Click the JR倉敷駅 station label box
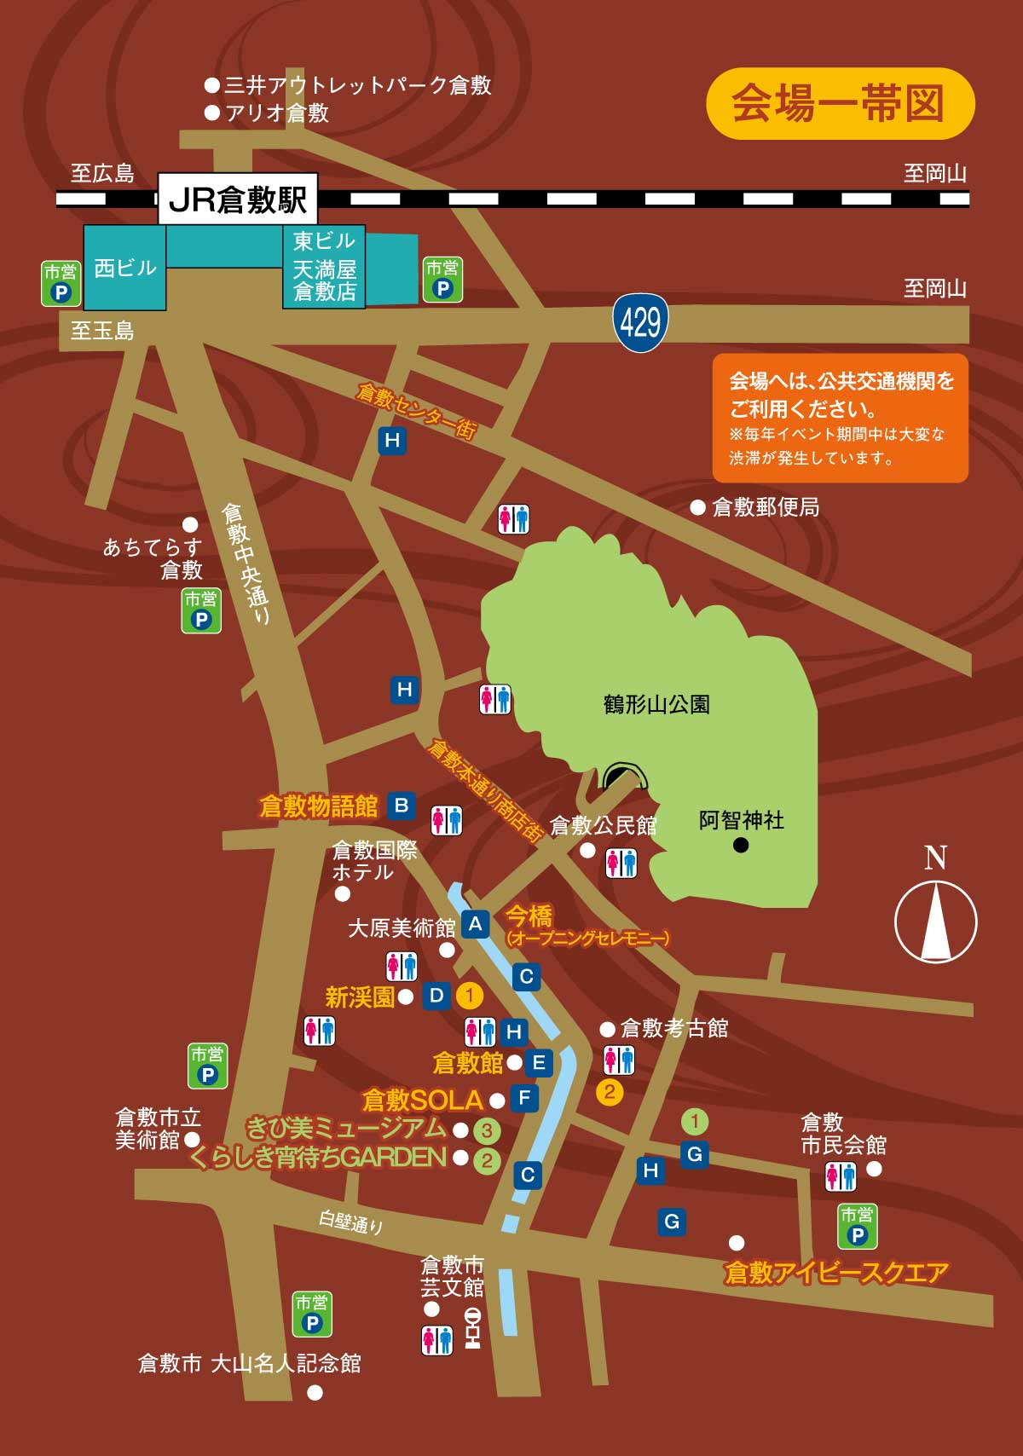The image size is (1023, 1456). click(238, 199)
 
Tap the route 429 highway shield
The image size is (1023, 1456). click(640, 322)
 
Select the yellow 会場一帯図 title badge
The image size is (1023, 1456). click(840, 103)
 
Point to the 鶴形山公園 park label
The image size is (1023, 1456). click(656, 704)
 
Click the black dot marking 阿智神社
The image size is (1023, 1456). click(741, 845)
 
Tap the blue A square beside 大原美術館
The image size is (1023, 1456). click(475, 924)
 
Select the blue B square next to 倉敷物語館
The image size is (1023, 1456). click(401, 806)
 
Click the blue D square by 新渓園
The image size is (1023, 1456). click(436, 995)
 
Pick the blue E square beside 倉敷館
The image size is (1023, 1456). click(539, 1063)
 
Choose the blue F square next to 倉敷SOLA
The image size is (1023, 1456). click(524, 1098)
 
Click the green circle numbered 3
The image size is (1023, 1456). click(487, 1130)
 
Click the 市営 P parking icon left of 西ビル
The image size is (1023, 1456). click(61, 283)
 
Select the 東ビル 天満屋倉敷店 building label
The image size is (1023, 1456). click(324, 267)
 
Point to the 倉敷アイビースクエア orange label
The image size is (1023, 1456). click(835, 1272)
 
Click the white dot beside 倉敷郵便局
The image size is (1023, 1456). click(697, 507)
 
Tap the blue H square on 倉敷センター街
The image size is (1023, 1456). click(392, 440)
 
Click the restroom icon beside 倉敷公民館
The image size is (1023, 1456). click(621, 863)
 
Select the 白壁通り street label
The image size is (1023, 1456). click(350, 1222)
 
